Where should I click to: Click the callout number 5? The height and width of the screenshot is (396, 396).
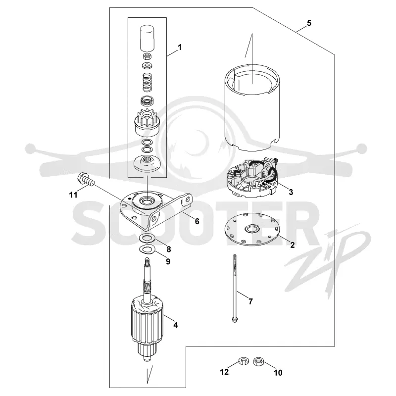309,23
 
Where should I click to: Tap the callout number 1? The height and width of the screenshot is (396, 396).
180,47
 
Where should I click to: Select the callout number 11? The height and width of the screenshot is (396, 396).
73,195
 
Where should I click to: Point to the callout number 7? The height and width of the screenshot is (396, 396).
250,301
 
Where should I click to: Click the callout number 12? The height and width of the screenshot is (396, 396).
224,372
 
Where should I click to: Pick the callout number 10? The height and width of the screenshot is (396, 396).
278,373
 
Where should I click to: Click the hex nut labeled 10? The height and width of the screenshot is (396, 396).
258,361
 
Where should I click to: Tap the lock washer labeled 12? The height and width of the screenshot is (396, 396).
244,361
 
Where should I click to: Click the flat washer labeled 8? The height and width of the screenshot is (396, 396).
148,238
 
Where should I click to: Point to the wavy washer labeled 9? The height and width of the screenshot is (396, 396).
147,249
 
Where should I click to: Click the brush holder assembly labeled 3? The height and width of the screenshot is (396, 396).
251,178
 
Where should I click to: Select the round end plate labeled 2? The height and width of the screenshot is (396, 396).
252,229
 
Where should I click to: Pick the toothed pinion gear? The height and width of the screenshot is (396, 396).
147,122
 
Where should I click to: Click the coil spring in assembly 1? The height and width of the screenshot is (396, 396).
147,82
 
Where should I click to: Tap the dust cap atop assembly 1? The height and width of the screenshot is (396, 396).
147,38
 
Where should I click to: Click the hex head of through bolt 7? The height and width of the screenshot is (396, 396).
235,320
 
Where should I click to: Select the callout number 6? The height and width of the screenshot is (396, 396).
197,221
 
